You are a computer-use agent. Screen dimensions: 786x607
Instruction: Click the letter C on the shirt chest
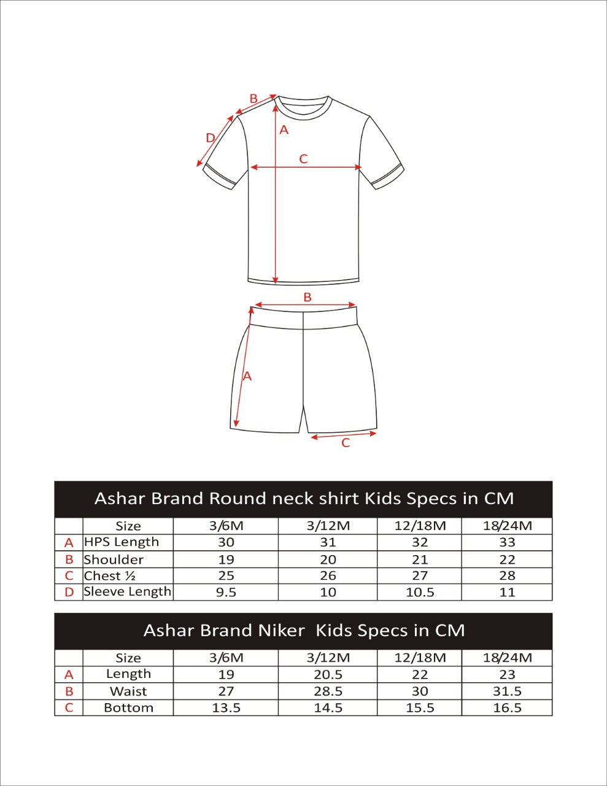(303, 159)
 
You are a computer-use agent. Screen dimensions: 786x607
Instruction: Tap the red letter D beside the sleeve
(210, 138)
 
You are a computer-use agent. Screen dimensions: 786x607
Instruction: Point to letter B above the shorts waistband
(307, 297)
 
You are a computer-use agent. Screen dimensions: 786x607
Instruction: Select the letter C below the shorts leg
(346, 443)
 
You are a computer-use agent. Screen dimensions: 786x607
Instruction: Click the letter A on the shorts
(247, 376)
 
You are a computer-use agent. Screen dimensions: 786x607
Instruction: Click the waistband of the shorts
(304, 317)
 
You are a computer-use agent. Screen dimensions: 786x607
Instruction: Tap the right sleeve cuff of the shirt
(389, 176)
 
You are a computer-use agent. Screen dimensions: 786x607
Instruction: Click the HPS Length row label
(122, 542)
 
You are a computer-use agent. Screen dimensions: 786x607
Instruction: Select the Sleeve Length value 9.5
(226, 593)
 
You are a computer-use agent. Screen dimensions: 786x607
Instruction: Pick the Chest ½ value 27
(420, 576)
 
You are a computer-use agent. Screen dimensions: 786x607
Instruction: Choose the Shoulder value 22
(507, 559)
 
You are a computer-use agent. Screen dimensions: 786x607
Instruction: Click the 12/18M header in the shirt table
(420, 526)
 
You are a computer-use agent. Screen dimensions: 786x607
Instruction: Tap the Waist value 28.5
(328, 691)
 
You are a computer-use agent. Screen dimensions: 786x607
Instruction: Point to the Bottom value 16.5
(507, 708)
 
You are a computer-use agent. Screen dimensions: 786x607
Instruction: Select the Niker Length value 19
(226, 674)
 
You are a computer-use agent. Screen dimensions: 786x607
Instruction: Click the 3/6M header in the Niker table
(226, 658)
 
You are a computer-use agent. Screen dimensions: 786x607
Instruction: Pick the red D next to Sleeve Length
(69, 593)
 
